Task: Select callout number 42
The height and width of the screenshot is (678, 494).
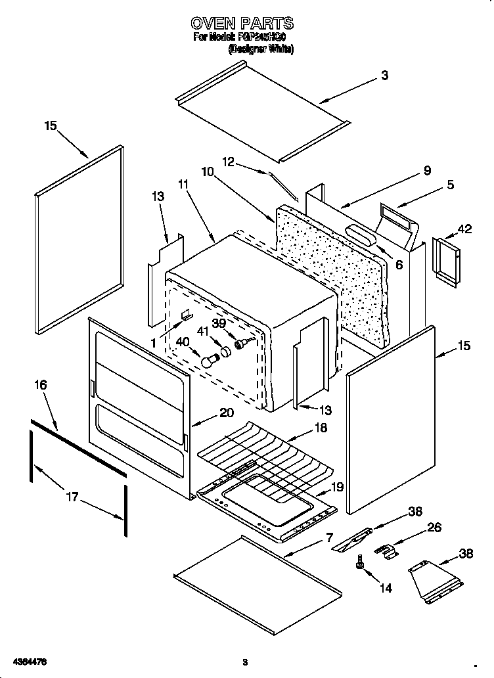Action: [x=464, y=229]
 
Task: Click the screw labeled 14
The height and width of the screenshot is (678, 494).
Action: [x=360, y=562]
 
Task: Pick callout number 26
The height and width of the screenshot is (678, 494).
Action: [x=434, y=527]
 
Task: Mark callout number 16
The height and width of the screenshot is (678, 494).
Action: [x=41, y=385]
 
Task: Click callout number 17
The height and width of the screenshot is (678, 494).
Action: [x=72, y=497]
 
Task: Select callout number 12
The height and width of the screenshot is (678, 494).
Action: [x=228, y=161]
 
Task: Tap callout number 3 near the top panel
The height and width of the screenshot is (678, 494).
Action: [x=384, y=75]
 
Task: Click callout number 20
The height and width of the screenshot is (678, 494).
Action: [x=226, y=413]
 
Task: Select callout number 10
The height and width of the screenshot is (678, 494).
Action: [x=208, y=172]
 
